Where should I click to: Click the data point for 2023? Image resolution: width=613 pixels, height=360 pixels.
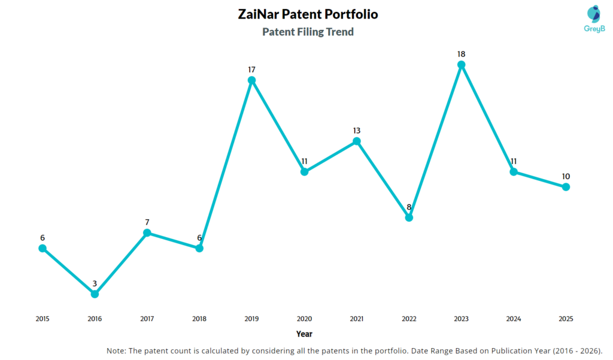click(x=461, y=65)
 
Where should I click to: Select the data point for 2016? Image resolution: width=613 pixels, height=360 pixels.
click(x=95, y=294)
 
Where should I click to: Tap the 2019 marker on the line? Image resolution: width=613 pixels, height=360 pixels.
click(x=252, y=80)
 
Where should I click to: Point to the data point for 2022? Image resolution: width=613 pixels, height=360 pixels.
click(x=409, y=217)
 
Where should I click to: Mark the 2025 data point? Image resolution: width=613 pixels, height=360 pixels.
click(x=566, y=187)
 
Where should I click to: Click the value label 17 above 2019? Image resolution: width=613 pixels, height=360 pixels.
click(x=252, y=69)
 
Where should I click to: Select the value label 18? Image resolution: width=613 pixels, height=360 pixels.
click(x=461, y=54)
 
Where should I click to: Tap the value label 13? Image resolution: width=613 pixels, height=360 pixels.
click(x=357, y=131)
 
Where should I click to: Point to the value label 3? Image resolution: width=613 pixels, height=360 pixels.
click(x=95, y=283)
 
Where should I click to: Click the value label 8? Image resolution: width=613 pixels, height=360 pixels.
click(x=409, y=207)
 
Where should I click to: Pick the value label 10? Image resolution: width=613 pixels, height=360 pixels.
click(x=566, y=176)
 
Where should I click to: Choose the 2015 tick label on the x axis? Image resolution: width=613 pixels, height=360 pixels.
click(x=43, y=319)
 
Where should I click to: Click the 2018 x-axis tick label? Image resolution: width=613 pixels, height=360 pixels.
click(x=199, y=319)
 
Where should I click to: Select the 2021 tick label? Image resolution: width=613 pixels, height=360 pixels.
click(x=357, y=319)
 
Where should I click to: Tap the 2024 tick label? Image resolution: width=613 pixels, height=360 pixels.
click(x=514, y=319)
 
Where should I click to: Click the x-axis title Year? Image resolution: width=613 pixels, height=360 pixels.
click(x=304, y=334)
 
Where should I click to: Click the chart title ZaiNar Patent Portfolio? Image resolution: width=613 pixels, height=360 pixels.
click(x=308, y=14)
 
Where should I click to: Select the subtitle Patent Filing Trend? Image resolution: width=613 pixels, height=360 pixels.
click(x=308, y=32)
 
